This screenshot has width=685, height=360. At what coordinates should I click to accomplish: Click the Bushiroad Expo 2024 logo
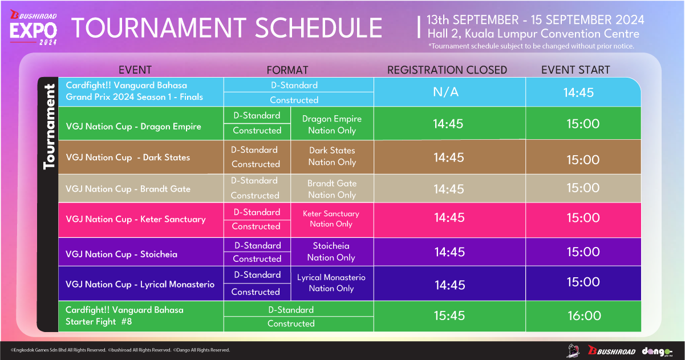33,27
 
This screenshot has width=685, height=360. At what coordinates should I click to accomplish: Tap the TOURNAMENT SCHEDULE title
227,28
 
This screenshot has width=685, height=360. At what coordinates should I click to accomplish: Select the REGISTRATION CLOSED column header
447,70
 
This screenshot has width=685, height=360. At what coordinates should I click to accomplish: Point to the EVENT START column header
575,70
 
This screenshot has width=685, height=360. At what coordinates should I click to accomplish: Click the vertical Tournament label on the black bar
49,127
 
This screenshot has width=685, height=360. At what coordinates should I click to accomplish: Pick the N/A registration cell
446,92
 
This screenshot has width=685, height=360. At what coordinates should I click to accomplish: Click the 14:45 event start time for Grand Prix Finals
578,92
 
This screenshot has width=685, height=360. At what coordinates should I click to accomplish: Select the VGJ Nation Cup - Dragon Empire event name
133,126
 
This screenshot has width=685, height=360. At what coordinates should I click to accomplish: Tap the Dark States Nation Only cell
332,156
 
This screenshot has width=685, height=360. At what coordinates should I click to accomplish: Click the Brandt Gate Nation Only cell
332,189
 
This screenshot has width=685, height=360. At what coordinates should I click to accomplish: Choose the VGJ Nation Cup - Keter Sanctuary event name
136,219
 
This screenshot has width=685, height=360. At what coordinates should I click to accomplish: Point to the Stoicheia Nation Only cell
331,252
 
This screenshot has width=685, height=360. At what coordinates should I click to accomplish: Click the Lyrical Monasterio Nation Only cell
331,283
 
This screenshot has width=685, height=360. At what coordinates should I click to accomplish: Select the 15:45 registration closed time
449,315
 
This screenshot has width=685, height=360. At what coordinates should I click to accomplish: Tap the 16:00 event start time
585,315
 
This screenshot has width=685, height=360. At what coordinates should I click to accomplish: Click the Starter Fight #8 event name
124,315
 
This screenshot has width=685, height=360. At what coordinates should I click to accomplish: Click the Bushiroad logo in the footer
611,351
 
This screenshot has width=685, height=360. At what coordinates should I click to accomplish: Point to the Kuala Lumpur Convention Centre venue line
533,34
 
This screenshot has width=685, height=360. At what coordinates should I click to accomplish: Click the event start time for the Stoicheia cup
583,252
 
